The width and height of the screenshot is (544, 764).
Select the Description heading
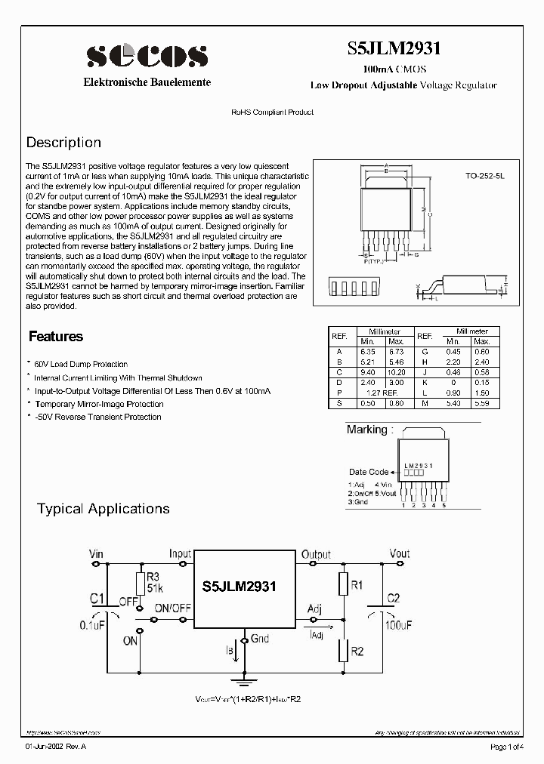point(63,143)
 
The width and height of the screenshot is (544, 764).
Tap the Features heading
point(56,337)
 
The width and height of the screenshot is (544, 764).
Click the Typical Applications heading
point(104,509)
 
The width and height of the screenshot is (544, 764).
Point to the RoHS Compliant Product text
point(272,112)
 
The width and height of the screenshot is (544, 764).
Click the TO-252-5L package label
point(484,174)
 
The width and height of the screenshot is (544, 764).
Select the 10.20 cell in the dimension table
point(396,373)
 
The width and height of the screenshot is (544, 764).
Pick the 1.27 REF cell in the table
point(382,393)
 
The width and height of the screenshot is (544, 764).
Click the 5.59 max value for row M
point(481,404)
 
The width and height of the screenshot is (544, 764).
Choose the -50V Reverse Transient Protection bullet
point(97,417)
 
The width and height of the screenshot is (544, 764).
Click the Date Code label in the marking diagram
point(369,472)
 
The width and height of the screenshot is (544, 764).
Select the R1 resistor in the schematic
point(343,584)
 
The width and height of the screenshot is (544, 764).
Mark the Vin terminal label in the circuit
point(96,553)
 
